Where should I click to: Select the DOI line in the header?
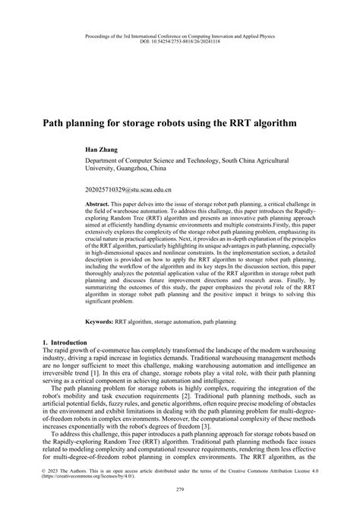tap(179, 42)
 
